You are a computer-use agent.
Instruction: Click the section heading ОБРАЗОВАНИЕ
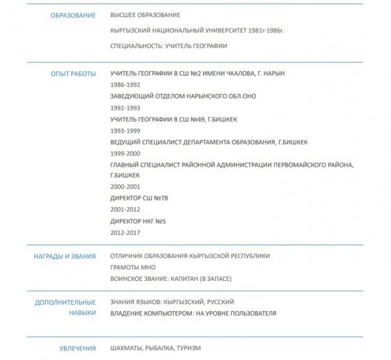[x=73, y=15]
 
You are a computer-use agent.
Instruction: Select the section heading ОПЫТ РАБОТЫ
[x=73, y=74]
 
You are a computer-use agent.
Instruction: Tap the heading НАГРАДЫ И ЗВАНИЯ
[x=65, y=256]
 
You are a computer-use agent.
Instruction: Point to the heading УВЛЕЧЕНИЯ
[x=77, y=348]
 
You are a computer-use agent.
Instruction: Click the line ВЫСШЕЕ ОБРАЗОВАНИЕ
[x=145, y=15]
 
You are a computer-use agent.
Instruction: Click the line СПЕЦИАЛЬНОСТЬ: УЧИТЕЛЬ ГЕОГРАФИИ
[x=169, y=46]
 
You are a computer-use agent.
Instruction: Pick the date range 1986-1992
[x=125, y=85]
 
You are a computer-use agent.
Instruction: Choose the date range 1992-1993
[x=125, y=108]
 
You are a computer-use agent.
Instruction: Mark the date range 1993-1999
[x=125, y=131]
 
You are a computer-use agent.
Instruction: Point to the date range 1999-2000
[x=125, y=154]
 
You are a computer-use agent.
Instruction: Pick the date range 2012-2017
[x=125, y=233]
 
